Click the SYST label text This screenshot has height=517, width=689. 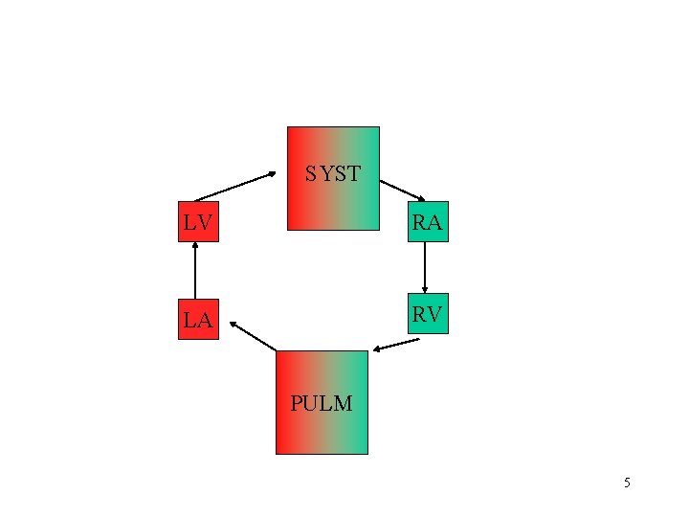click(x=333, y=174)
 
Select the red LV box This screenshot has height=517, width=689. click(x=198, y=222)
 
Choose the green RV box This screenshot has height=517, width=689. click(x=428, y=314)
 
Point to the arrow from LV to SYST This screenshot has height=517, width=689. click(x=234, y=186)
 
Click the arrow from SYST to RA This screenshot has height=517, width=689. click(x=403, y=190)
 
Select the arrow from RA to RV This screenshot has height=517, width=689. click(x=425, y=267)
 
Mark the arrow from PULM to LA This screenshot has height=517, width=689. click(x=253, y=336)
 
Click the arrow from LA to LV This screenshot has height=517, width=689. click(x=195, y=271)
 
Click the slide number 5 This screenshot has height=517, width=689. click(x=627, y=483)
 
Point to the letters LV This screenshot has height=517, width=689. click(x=197, y=223)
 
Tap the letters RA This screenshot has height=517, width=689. click(x=427, y=223)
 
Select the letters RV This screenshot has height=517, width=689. click(x=427, y=315)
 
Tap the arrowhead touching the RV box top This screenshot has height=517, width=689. click(x=425, y=289)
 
